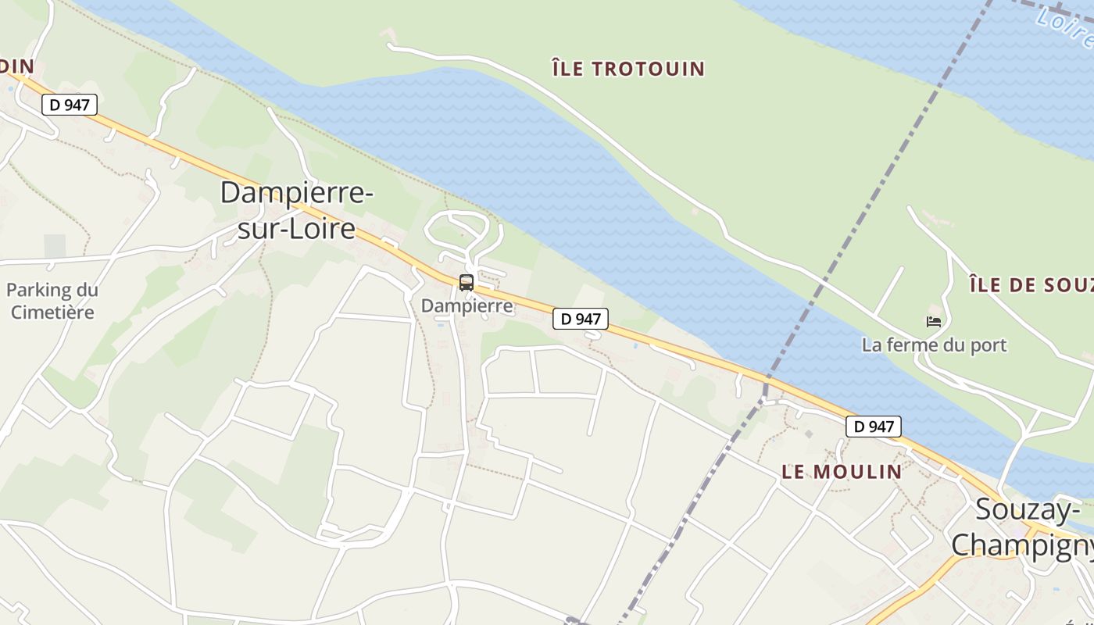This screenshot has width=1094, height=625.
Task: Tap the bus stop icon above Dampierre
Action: (x=467, y=283)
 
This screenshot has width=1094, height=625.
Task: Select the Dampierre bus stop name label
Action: (x=467, y=305)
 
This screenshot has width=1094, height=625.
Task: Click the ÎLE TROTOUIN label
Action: (x=628, y=69)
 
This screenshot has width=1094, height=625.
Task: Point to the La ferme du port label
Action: (x=934, y=345)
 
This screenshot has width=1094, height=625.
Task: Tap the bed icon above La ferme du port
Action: (x=933, y=321)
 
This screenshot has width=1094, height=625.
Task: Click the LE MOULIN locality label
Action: (x=842, y=472)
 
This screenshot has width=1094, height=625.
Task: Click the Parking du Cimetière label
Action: (x=52, y=301)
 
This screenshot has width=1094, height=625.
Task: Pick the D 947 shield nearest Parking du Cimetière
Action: (x=70, y=105)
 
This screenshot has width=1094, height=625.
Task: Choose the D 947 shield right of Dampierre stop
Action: (x=581, y=319)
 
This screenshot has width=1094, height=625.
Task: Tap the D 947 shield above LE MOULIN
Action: (x=874, y=427)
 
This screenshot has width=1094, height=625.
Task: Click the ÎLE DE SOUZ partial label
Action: (x=1031, y=285)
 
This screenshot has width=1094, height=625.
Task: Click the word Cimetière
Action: (x=52, y=312)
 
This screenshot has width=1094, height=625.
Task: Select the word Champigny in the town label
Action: (x=1023, y=545)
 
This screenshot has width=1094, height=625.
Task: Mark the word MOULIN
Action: (x=857, y=472)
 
